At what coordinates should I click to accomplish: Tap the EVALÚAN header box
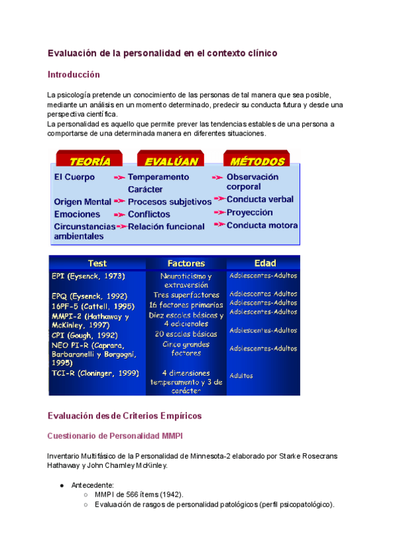click(167, 161)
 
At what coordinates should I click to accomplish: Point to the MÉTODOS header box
click(254, 161)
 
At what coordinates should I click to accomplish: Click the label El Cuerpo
click(74, 177)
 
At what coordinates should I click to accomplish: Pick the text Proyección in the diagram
click(250, 213)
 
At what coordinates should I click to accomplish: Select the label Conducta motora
click(262, 225)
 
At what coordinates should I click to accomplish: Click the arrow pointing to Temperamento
click(119, 177)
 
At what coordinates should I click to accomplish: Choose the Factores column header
click(186, 263)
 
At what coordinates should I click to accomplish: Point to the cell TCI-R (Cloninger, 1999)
click(95, 373)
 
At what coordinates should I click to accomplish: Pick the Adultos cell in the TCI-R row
click(241, 376)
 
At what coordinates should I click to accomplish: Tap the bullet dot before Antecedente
click(61, 485)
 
